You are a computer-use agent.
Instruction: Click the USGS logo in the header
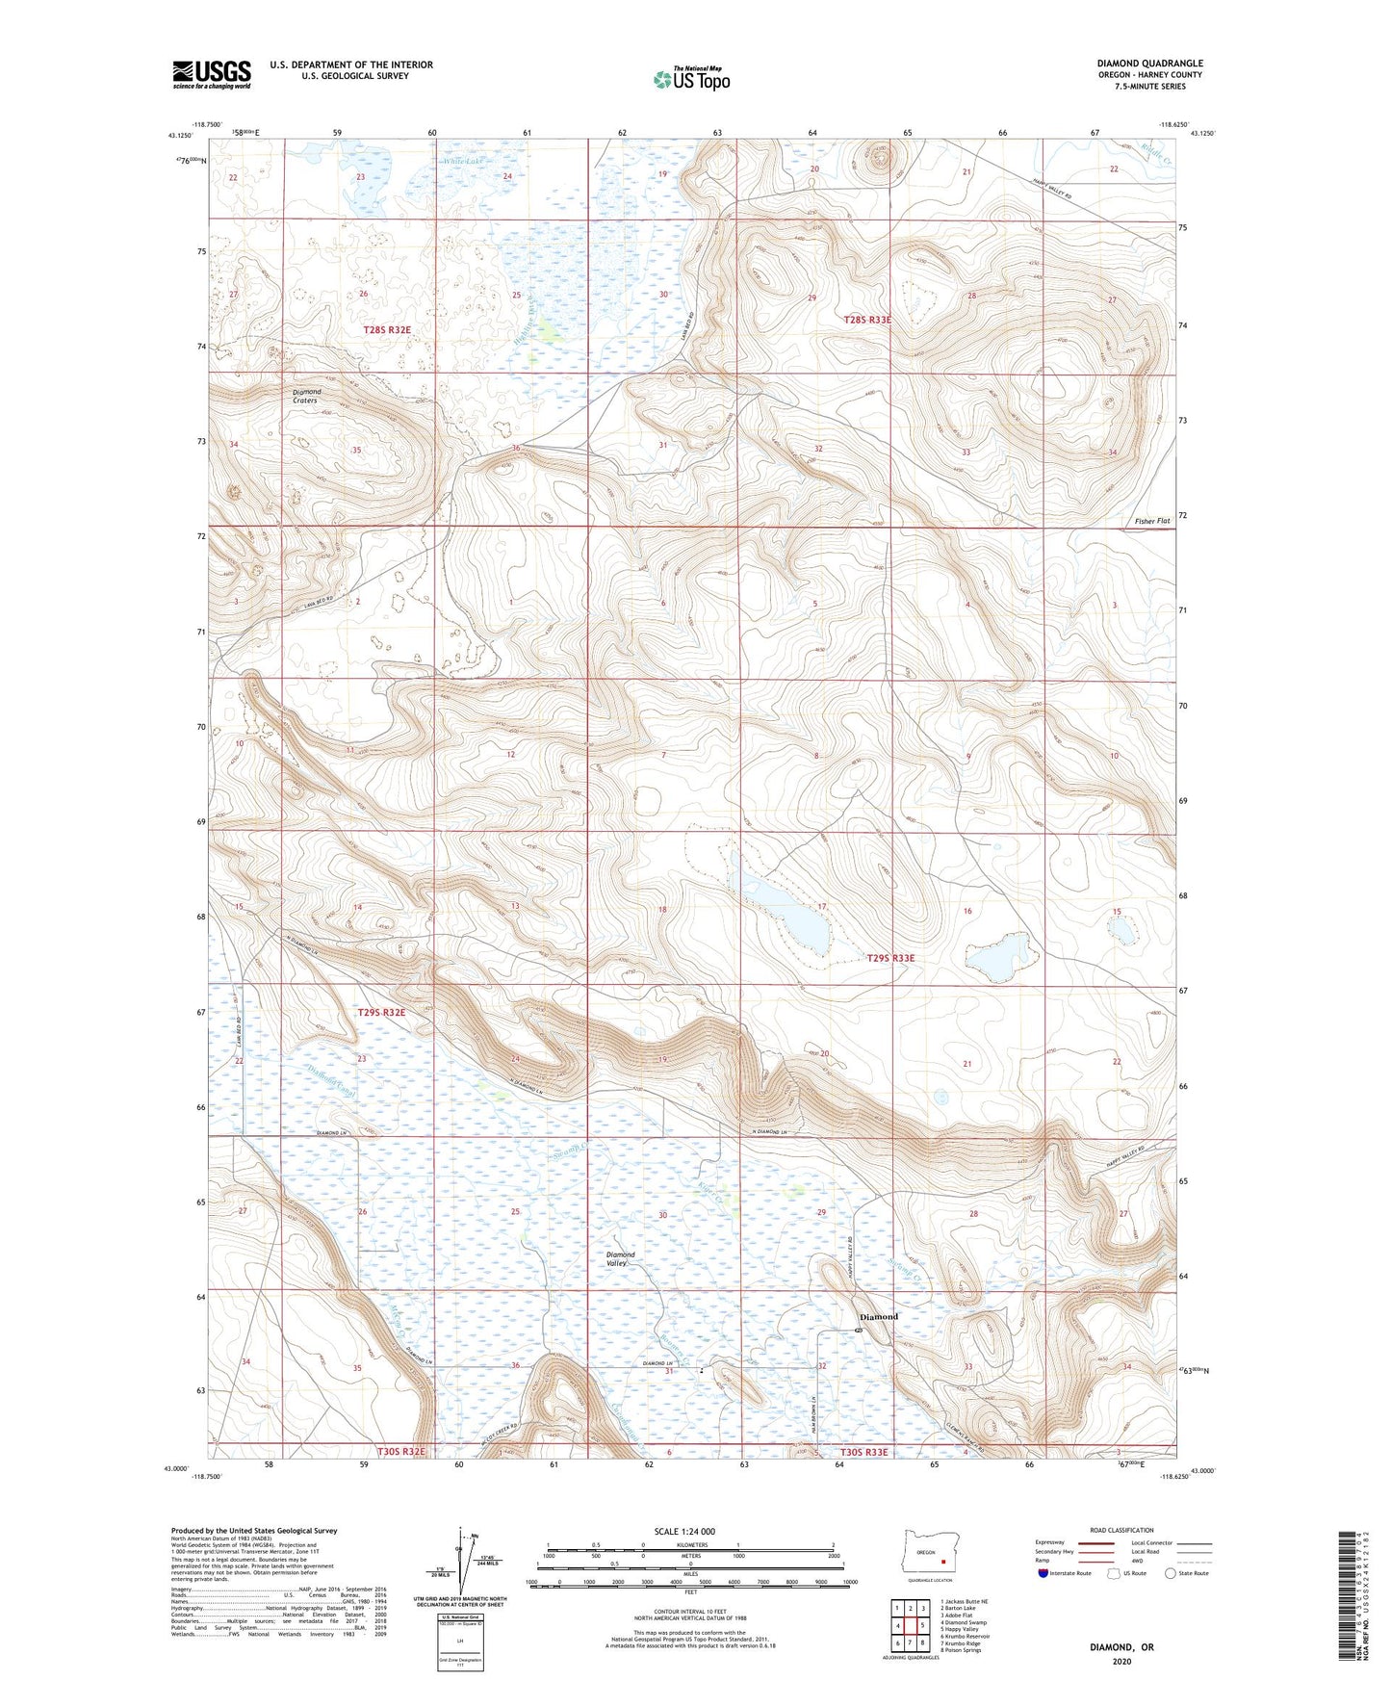point(212,74)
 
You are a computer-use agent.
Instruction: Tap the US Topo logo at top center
point(690,78)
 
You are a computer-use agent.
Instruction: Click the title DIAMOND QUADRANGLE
point(1149,64)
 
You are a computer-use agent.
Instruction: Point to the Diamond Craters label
point(307,396)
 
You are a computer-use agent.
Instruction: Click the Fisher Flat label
point(1151,521)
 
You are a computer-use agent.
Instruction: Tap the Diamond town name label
point(878,1316)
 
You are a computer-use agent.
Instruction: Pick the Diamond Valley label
point(621,1258)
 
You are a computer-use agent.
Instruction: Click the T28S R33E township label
point(867,319)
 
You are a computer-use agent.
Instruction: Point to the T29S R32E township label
point(381,1012)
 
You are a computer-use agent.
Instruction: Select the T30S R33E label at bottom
point(863,1452)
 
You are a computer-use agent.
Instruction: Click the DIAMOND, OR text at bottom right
point(1121,1647)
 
